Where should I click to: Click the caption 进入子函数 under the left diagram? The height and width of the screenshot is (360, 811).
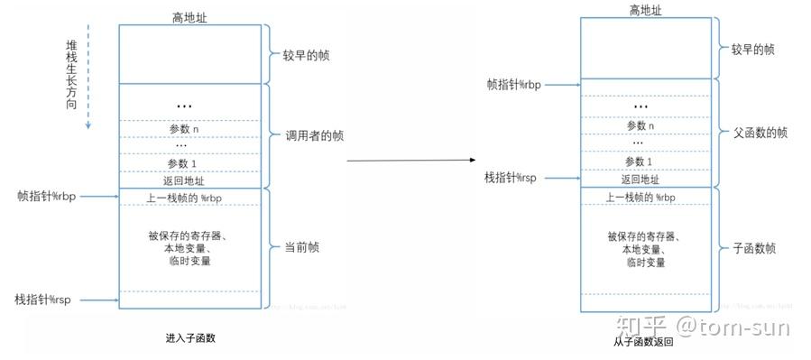click(x=190, y=337)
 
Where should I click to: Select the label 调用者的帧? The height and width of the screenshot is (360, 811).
click(x=314, y=136)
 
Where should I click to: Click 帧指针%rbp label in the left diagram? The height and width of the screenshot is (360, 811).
click(x=45, y=196)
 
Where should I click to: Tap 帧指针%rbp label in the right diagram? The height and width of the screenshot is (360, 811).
click(x=513, y=86)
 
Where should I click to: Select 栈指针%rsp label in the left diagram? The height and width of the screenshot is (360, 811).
click(x=42, y=299)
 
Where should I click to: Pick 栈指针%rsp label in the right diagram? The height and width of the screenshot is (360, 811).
click(x=511, y=178)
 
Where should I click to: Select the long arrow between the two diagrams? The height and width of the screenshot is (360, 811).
click(x=411, y=161)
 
